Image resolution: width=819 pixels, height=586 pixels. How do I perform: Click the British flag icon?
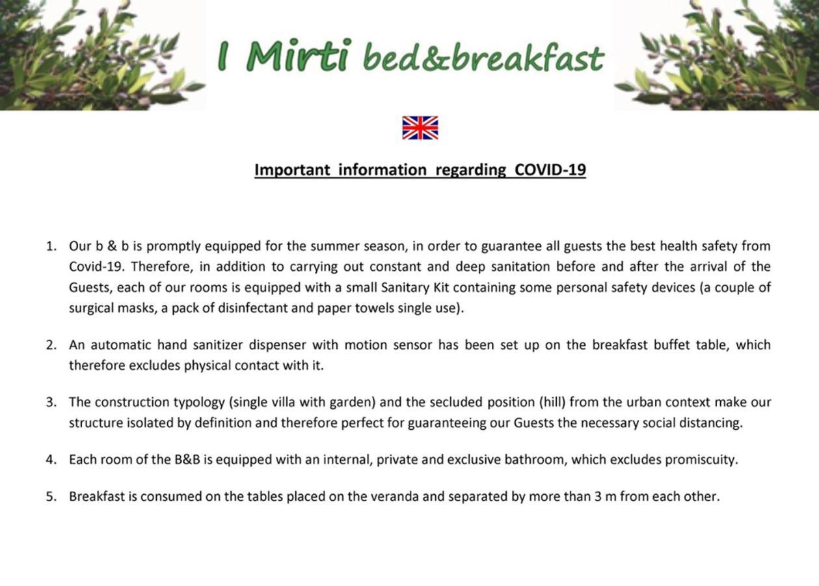click(x=420, y=128)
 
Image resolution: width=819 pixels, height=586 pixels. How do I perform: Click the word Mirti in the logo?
click(x=299, y=56)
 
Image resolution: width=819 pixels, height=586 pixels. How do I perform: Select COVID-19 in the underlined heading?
click(x=550, y=170)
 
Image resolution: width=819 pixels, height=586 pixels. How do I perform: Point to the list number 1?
click(x=51, y=246)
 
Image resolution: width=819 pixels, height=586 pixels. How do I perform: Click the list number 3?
click(x=51, y=402)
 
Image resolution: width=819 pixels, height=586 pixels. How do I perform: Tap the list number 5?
click(x=51, y=497)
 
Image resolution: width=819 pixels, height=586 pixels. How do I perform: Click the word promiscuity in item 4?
click(x=700, y=460)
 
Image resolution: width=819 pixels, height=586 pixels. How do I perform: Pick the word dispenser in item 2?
click(x=278, y=345)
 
